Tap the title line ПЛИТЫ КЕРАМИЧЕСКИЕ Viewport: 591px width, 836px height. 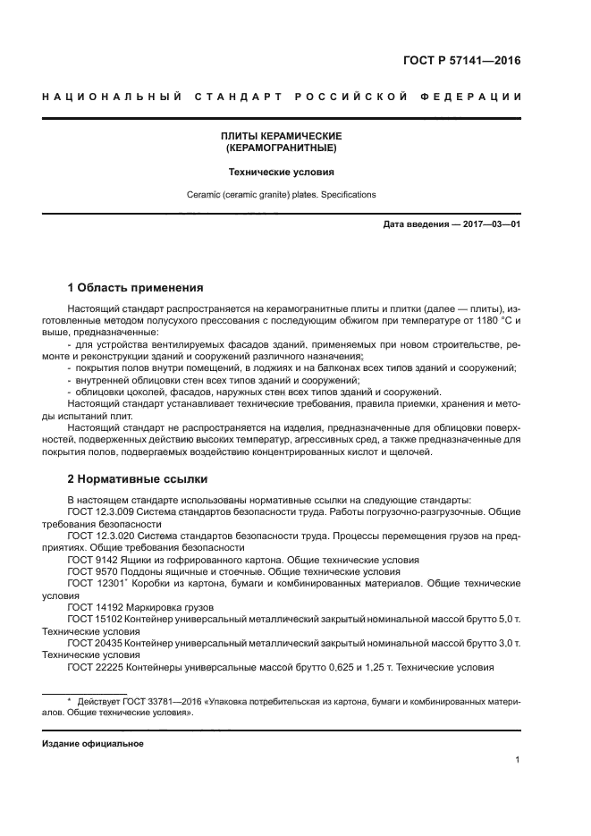click(x=282, y=135)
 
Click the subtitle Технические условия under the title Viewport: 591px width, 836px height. click(x=282, y=171)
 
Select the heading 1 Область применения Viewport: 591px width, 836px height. click(x=135, y=288)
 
